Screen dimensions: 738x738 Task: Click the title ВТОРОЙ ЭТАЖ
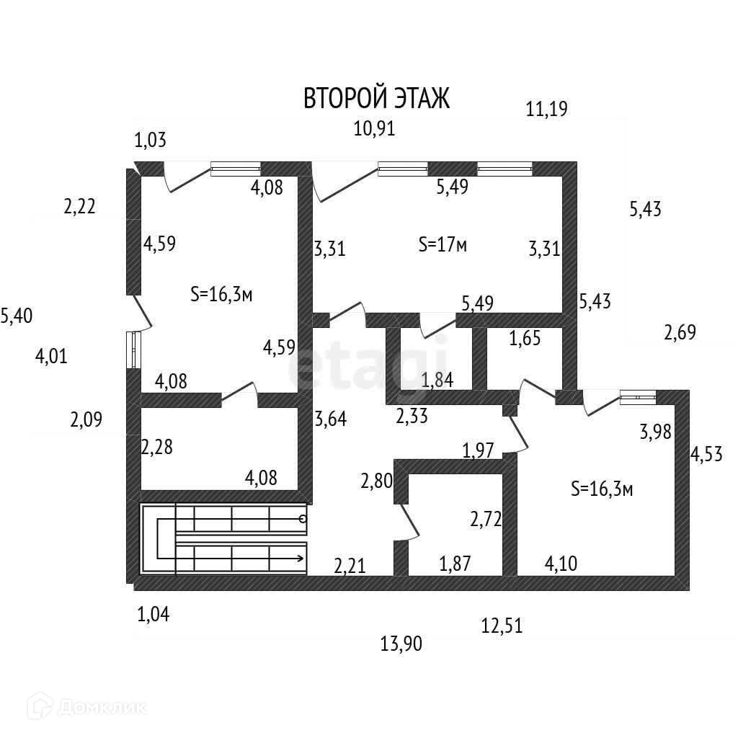point(376,98)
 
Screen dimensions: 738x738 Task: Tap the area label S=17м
point(443,245)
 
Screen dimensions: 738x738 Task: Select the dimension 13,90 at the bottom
point(401,644)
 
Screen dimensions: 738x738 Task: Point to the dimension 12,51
point(502,626)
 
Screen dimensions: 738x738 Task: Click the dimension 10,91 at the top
point(375,129)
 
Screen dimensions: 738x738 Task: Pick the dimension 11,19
point(547,110)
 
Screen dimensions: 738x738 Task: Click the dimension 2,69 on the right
point(680,333)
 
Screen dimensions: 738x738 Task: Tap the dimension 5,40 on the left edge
point(17,316)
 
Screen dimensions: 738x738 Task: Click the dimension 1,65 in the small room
point(525,339)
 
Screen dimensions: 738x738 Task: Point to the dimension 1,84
point(437,380)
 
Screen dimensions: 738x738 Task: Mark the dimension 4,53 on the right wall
point(707,456)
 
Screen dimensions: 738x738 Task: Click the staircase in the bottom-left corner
point(223,540)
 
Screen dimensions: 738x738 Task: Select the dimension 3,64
point(331,418)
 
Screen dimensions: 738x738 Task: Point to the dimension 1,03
point(150,140)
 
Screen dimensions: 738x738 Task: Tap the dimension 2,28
point(156,447)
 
